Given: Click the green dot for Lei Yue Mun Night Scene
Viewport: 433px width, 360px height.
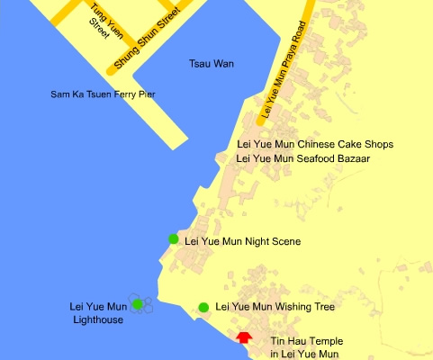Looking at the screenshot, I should [x=174, y=238].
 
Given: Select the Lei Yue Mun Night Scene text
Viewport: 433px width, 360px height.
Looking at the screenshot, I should [x=242, y=241].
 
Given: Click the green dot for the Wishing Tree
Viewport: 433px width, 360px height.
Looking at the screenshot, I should [x=204, y=307].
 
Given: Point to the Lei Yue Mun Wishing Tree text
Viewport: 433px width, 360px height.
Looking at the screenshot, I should [x=275, y=307].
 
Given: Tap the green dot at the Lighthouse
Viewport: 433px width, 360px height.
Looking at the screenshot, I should [x=137, y=304].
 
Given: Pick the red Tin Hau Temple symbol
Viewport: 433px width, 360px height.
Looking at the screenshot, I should [x=243, y=337].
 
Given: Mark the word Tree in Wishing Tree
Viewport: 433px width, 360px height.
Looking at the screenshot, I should [x=322, y=307].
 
